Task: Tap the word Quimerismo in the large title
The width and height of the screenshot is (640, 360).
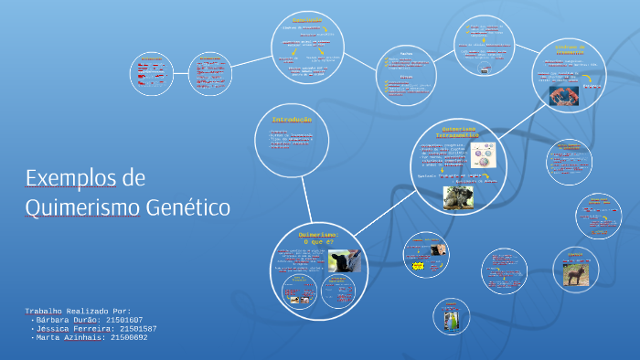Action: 83,207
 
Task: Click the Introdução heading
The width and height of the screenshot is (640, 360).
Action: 292,120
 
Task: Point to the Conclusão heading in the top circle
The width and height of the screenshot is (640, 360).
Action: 307,20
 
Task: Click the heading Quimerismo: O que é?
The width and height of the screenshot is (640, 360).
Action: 318,238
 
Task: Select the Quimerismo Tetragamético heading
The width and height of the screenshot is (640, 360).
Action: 459,132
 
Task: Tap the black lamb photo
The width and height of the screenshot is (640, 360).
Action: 344,261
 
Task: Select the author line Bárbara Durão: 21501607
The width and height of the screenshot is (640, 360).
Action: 88,320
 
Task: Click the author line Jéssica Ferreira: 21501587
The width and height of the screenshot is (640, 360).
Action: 94,329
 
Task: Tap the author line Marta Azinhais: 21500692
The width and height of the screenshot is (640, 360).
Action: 90,338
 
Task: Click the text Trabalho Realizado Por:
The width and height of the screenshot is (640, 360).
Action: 78,311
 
